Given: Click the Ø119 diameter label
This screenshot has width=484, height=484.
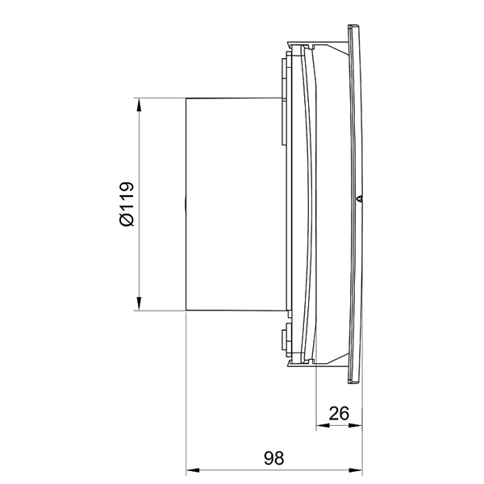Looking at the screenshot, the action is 127,204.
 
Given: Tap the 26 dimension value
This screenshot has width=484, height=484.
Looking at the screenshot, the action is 339,413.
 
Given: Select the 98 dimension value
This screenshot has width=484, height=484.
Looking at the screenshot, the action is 273,457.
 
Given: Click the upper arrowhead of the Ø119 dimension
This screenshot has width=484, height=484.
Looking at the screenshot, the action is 139,105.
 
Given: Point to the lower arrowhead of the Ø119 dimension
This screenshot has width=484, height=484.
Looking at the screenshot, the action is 139,303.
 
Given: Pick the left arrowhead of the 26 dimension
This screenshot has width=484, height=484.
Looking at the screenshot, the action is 323,426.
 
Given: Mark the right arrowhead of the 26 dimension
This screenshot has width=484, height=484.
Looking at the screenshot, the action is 355,426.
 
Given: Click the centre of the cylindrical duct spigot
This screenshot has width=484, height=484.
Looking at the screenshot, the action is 235,204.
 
